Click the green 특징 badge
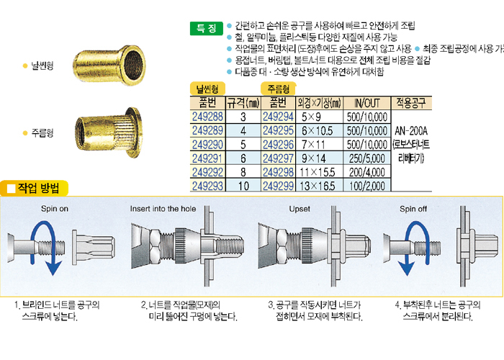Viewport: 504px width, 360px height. click(x=207, y=28)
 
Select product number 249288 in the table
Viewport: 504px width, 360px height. click(x=207, y=117)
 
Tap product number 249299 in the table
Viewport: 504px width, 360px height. click(x=278, y=186)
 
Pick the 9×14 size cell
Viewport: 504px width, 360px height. click(x=313, y=158)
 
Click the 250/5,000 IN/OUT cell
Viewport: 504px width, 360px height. click(x=367, y=158)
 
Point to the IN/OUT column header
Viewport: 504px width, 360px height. click(x=367, y=103)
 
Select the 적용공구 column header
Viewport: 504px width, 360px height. click(x=411, y=103)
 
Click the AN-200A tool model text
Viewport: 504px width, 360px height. click(x=411, y=131)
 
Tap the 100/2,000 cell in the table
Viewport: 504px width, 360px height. click(x=367, y=186)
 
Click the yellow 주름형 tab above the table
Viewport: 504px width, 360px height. click(x=278, y=89)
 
